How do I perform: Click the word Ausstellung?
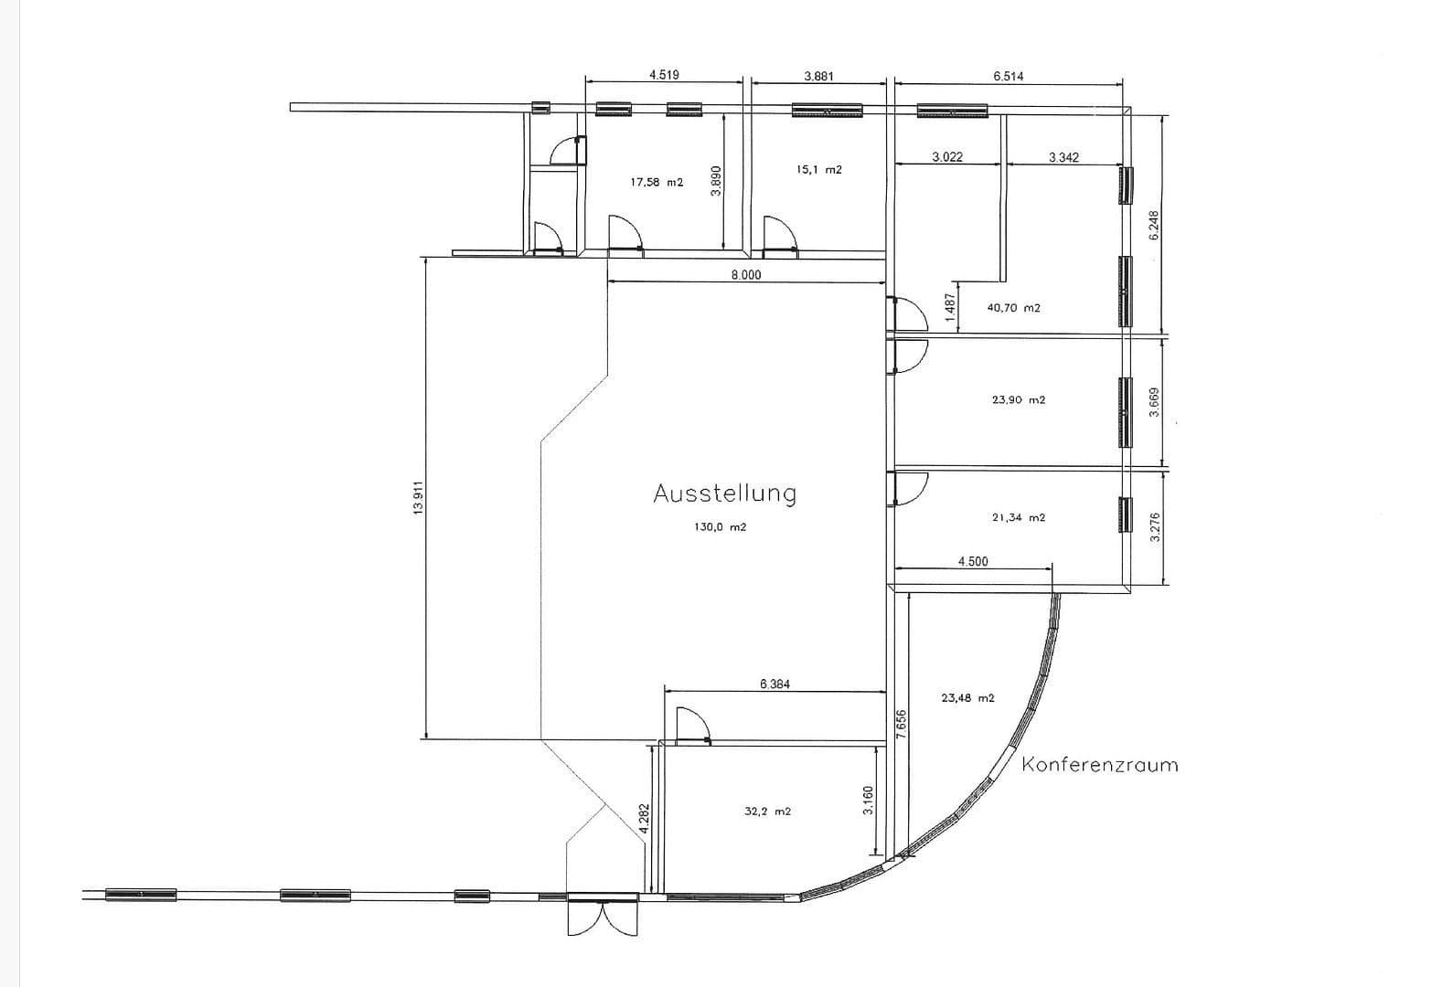click(724, 493)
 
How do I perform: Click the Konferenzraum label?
click(1099, 764)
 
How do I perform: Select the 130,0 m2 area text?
click(721, 527)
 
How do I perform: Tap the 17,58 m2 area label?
click(657, 182)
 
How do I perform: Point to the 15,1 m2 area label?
click(818, 169)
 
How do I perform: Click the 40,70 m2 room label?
click(1013, 308)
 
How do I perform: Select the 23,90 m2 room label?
click(1018, 399)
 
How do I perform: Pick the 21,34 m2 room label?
click(1018, 517)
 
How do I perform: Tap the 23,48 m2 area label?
click(967, 697)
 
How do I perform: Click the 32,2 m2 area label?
click(767, 811)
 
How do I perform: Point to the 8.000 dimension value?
click(745, 274)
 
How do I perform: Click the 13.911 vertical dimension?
click(419, 498)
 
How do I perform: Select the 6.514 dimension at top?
click(1008, 76)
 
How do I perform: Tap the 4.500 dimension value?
click(972, 561)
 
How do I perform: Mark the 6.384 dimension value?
click(775, 683)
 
